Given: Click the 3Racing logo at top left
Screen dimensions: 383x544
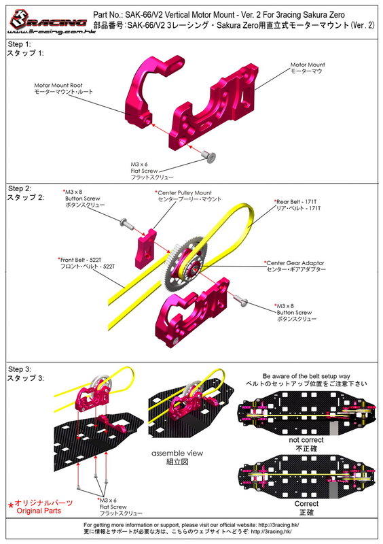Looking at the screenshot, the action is pyautogui.click(x=48, y=22).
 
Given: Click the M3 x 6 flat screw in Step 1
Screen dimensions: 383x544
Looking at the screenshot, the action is pyautogui.click(x=210, y=158).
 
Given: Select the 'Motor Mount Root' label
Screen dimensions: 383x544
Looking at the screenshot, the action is pyautogui.click(x=58, y=85).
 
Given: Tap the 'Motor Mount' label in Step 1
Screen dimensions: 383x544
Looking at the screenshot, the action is pyautogui.click(x=308, y=65).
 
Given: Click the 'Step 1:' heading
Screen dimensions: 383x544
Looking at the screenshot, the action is pyautogui.click(x=20, y=44).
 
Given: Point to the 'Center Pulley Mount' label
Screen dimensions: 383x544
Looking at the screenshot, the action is pyautogui.click(x=184, y=192).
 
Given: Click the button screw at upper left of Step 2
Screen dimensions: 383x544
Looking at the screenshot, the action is pyautogui.click(x=126, y=224).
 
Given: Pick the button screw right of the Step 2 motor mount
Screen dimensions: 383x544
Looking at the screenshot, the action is pyautogui.click(x=241, y=300).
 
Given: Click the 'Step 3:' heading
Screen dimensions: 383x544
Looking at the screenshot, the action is pyautogui.click(x=20, y=369).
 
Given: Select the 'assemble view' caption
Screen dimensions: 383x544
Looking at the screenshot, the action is pyautogui.click(x=177, y=453).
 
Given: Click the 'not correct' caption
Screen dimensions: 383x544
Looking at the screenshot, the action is pyautogui.click(x=306, y=440).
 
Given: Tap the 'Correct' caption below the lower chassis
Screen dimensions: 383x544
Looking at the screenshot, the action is pyautogui.click(x=306, y=504).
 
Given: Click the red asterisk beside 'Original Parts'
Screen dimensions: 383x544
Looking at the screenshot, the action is pyautogui.click(x=11, y=505).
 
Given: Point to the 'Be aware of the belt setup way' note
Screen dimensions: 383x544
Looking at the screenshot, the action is pyautogui.click(x=306, y=376).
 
